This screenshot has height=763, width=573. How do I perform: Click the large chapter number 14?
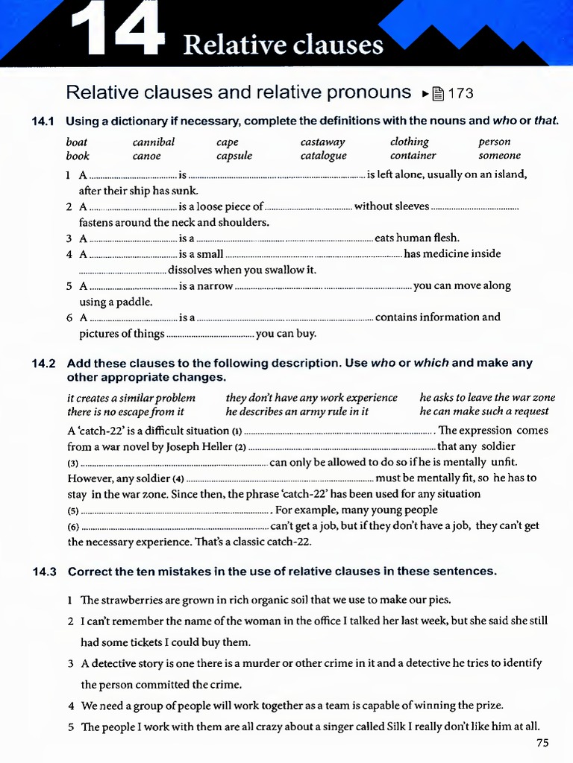118,30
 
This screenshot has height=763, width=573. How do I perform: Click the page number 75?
542,743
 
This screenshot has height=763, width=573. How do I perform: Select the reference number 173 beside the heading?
460,93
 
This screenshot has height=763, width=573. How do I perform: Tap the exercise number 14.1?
44,121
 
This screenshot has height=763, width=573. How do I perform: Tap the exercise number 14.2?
44,364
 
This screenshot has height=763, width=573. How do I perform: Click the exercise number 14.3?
44,572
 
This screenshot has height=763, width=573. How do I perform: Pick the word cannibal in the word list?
154,142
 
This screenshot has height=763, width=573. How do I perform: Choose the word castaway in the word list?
322,142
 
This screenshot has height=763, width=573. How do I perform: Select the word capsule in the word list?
234,156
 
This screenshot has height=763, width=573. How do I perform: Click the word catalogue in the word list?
323,156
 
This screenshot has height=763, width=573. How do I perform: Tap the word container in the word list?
413,156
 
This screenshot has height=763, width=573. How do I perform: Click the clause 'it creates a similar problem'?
131,398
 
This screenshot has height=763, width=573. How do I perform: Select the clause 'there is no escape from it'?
125,411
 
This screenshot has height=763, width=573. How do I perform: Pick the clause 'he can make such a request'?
483,411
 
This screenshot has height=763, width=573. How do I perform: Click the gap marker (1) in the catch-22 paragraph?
237,431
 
